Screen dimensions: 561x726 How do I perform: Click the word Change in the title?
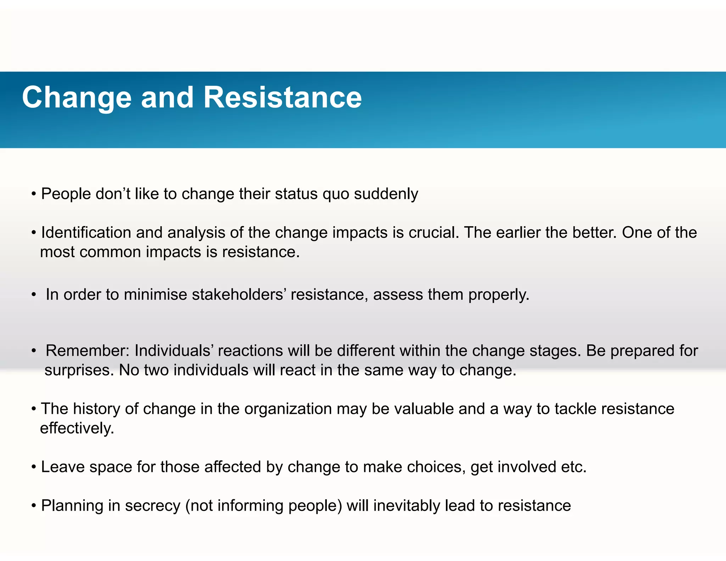(77, 98)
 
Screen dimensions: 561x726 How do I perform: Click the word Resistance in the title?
(283, 98)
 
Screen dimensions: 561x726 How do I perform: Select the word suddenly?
(386, 194)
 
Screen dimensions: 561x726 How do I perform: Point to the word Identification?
(86, 233)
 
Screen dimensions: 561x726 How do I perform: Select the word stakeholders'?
(239, 295)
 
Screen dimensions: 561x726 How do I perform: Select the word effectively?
(77, 428)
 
